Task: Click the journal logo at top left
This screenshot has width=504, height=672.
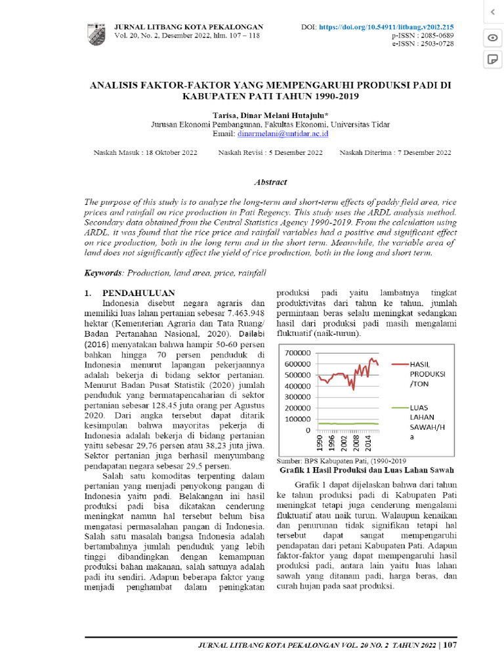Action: pyautogui.click(x=96, y=33)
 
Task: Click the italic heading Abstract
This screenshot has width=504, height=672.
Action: pyautogui.click(x=270, y=182)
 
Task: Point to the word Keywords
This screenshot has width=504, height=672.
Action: pyautogui.click(x=104, y=272)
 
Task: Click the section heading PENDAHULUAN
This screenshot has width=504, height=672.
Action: pyautogui.click(x=138, y=293)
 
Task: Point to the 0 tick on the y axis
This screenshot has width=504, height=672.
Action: pyautogui.click(x=307, y=430)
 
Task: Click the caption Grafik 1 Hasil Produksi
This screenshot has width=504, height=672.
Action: pyautogui.click(x=367, y=471)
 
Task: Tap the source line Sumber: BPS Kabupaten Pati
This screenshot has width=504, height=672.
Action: pyautogui.click(x=342, y=461)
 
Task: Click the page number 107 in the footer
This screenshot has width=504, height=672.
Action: pyautogui.click(x=450, y=645)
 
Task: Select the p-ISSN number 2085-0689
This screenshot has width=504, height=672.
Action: pyautogui.click(x=434, y=35)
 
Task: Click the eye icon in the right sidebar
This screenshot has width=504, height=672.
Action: pyautogui.click(x=492, y=37)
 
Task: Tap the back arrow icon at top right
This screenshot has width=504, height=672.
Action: pyautogui.click(x=492, y=12)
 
